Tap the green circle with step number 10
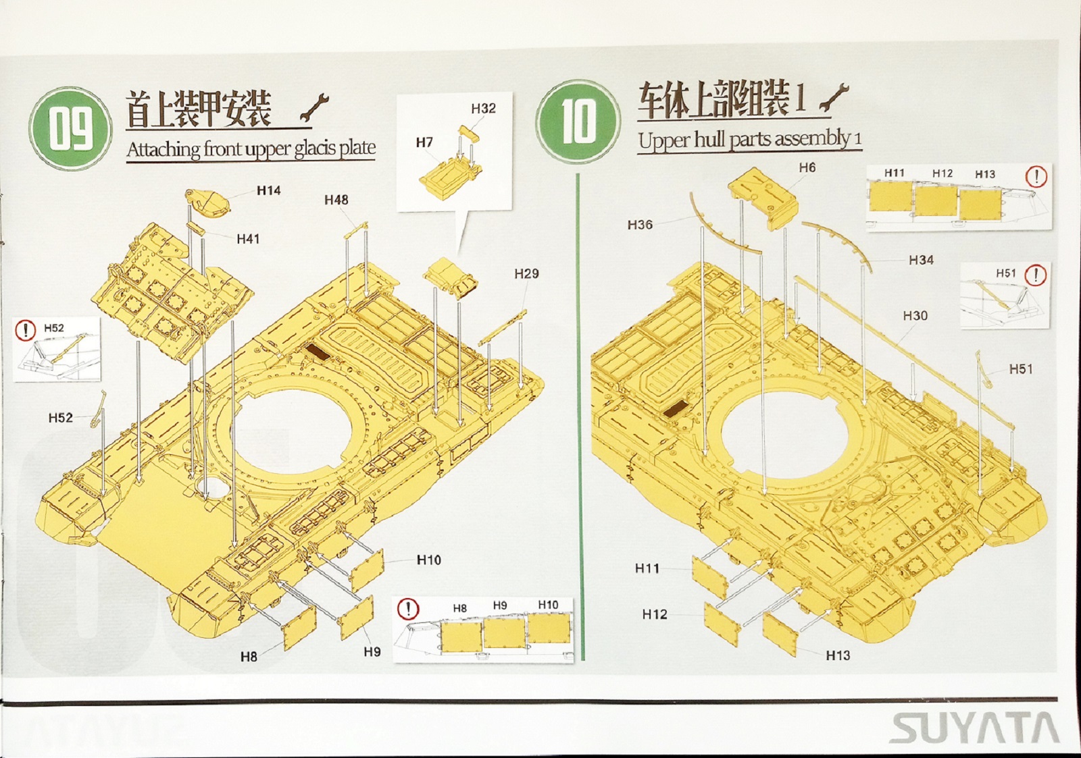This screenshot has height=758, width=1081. click(578, 121)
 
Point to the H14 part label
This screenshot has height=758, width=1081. click(268, 191)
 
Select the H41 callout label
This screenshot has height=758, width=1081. click(248, 239)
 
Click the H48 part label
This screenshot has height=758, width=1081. click(336, 200)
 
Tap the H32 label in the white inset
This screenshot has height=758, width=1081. click(483, 109)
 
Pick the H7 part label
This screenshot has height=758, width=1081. click(424, 142)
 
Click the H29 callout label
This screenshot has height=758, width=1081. click(526, 273)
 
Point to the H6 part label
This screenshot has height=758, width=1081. click(807, 167)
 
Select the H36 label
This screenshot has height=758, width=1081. click(639, 225)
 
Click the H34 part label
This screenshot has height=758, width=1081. click(921, 260)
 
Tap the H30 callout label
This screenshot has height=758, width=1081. click(915, 316)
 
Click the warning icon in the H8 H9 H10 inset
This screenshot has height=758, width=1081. click(407, 609)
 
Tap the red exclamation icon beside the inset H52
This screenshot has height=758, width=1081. click(25, 330)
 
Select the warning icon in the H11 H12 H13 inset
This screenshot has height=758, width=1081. click(1036, 177)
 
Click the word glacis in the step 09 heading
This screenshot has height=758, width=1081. click(316, 148)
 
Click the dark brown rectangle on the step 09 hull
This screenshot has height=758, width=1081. click(315, 351)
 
